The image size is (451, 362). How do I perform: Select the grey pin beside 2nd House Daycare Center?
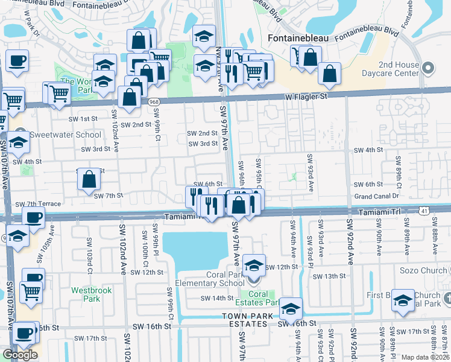[429, 67]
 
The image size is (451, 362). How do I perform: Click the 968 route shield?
[155, 103]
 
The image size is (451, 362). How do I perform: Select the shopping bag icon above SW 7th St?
[89, 179]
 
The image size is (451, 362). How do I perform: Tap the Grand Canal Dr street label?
[377, 196]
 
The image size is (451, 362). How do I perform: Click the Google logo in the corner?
[20, 355]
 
